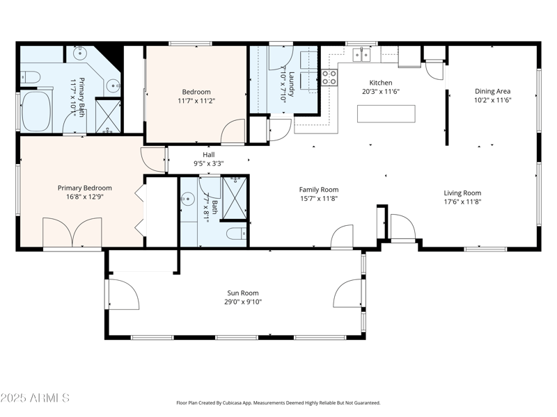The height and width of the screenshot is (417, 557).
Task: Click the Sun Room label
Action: click(243, 293)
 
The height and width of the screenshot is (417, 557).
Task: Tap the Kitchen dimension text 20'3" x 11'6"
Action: click(381, 92)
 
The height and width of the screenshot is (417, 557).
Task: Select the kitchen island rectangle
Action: click(386, 114)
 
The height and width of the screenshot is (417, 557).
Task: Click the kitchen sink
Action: click(361, 55)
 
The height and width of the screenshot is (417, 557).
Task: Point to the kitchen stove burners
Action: click(329, 78)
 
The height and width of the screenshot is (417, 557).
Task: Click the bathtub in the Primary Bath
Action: click(36, 112)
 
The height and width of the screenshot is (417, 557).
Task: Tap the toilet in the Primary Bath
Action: click(30, 76)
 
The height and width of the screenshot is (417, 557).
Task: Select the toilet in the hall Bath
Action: click(236, 234)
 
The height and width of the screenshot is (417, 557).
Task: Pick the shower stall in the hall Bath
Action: click(235, 198)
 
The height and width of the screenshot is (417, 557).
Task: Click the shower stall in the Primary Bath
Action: click(109, 116)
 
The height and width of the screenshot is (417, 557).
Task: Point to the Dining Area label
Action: click(493, 91)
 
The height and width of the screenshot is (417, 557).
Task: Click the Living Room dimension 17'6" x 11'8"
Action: click(462, 202)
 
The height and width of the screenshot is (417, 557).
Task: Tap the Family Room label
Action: click(319, 190)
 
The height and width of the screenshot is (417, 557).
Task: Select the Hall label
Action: click(208, 154)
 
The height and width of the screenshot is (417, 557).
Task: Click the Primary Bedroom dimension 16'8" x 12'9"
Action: click(84, 197)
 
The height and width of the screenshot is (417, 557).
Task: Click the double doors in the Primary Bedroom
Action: click(72, 232)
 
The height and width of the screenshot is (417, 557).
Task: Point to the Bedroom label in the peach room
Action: click(196, 92)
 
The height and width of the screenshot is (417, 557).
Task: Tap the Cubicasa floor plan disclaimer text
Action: click(278, 403)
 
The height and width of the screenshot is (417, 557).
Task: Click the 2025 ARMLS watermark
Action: click(35, 398)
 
